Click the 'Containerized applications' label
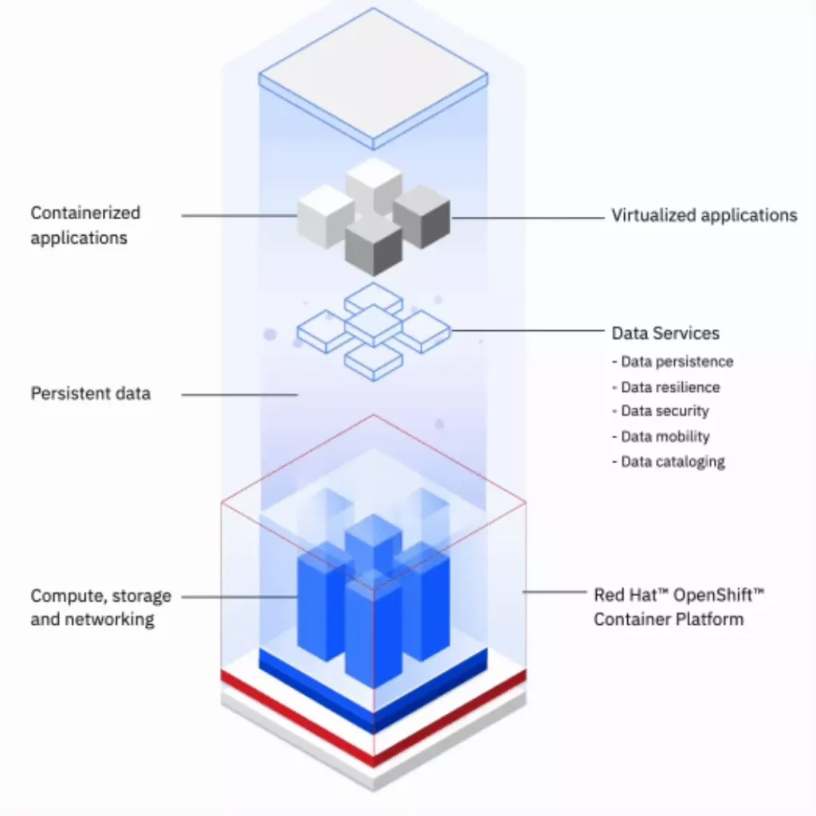point(85,225)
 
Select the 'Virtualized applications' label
point(704,215)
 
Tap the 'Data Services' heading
point(665,333)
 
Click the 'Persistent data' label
point(90,393)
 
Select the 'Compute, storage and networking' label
point(100,607)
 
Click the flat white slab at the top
point(373,76)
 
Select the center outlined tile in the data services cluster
point(373,325)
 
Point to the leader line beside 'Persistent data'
point(239,393)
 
